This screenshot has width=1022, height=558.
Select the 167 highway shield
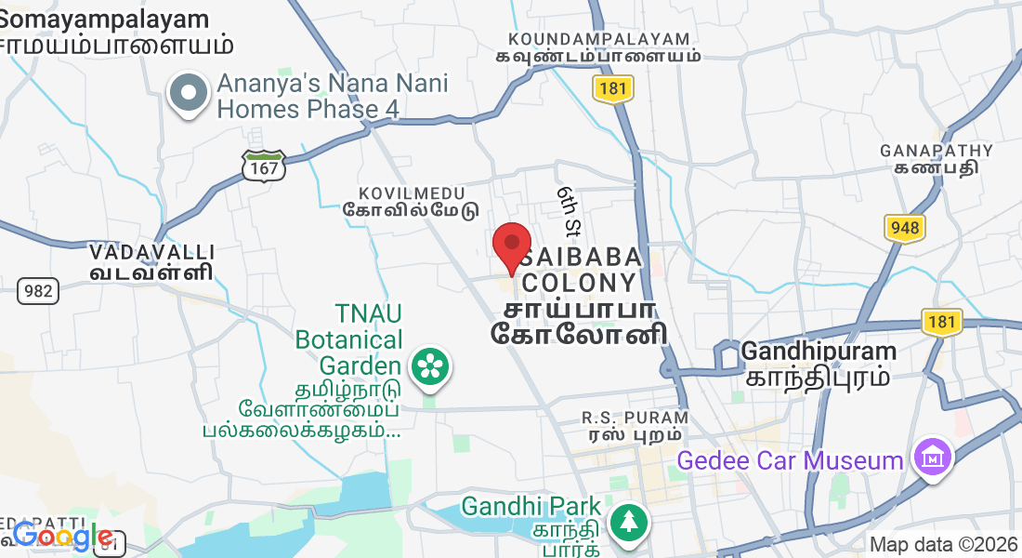click(263, 166)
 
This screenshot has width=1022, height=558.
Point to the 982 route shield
click(38, 290)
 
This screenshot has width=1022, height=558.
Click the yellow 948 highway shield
click(904, 228)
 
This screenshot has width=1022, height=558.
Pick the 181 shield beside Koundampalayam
click(612, 88)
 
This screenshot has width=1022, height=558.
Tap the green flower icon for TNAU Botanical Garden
click(429, 365)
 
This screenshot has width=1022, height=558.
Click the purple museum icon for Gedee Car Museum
click(930, 458)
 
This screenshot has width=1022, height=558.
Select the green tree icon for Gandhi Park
click(629, 520)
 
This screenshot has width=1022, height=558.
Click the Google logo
click(63, 536)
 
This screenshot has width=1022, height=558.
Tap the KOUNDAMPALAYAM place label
click(599, 39)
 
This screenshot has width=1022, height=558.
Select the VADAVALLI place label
click(152, 252)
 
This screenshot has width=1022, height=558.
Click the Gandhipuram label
click(819, 352)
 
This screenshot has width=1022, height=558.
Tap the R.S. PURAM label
click(635, 418)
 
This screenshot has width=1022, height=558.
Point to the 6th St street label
click(570, 210)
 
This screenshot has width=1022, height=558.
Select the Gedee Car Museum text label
click(790, 460)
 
